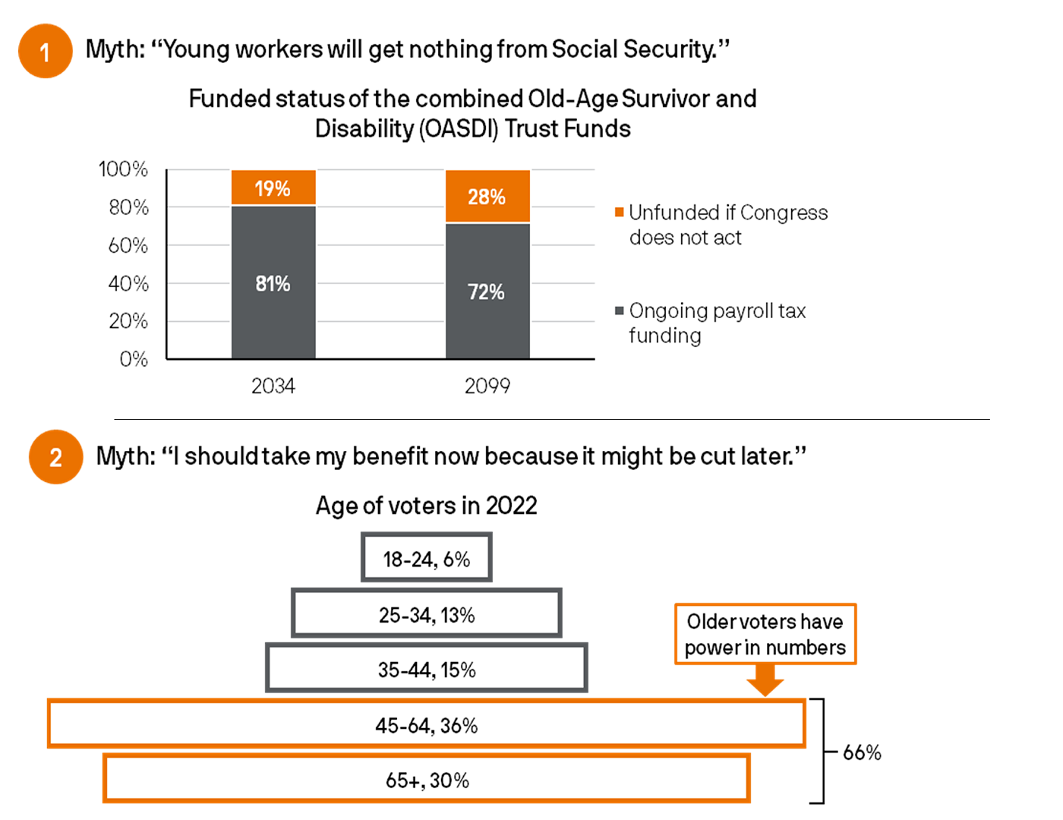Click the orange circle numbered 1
coord(45,52)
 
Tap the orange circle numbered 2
coord(55,457)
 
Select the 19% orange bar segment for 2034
coord(273,188)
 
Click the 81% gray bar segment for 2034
coord(273,283)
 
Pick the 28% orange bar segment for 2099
coord(487,197)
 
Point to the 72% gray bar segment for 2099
coord(487,292)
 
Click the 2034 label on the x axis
coord(273,386)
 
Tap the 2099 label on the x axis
coord(487,386)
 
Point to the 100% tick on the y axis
coord(123,169)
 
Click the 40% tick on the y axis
coord(128,283)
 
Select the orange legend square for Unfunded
coord(620,212)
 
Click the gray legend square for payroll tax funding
coord(620,310)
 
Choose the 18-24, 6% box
coord(427,558)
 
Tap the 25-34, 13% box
coord(427,613)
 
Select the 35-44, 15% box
coord(427,669)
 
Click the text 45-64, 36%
coord(427,725)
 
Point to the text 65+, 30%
coord(427,780)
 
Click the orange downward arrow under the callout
coord(765,680)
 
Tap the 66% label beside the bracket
coord(862,752)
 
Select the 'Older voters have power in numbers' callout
coord(765,634)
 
